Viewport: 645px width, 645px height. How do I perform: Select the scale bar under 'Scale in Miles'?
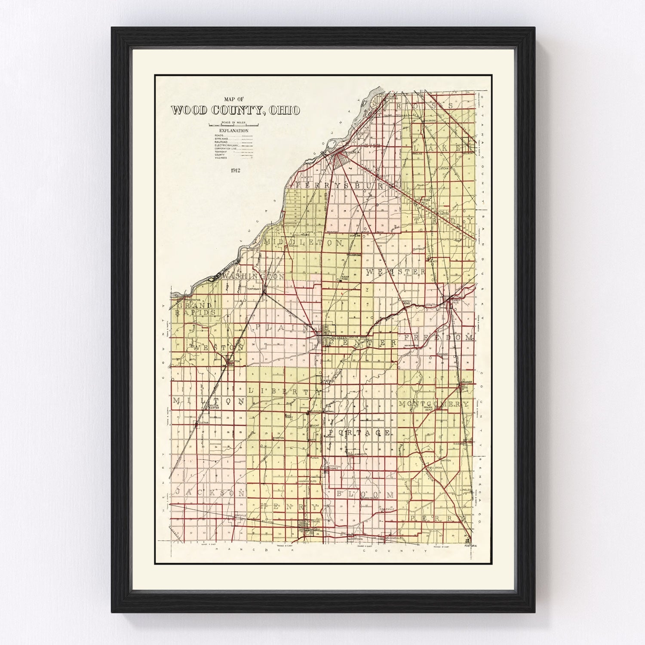click(233, 125)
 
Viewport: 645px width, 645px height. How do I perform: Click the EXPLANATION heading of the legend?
click(233, 130)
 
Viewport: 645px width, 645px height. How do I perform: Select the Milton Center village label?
click(214, 407)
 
